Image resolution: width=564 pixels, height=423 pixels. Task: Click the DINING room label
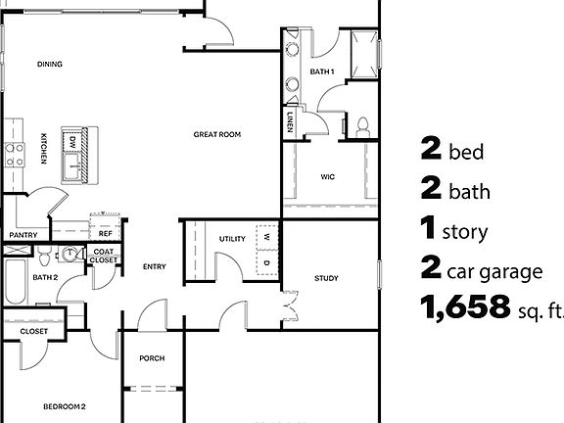[x=50, y=65]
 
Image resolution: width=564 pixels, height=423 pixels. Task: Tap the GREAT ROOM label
[x=216, y=134]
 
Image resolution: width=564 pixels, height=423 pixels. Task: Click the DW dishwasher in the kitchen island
[x=72, y=142]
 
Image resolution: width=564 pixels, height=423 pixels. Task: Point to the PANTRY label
[x=23, y=235]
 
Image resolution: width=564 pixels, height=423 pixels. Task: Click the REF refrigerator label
[x=105, y=234]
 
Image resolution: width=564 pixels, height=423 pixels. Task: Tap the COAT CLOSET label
[x=103, y=257]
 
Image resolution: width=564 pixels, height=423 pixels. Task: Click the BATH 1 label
[x=322, y=71]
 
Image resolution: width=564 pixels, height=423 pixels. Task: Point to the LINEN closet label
[x=292, y=122]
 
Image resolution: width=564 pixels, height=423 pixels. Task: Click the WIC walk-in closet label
[x=328, y=177]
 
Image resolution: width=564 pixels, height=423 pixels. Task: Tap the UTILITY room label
[x=232, y=238]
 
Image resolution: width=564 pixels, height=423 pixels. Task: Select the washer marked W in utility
[x=266, y=236]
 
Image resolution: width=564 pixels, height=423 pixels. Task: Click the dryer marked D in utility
[x=266, y=261]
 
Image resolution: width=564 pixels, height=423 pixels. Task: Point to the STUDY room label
[x=326, y=279]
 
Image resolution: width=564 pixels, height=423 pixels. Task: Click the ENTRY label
[x=154, y=266]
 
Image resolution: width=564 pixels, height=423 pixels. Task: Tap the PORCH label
[x=152, y=358]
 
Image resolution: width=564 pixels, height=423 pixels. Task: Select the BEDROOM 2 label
[x=65, y=405]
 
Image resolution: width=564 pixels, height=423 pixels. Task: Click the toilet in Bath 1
[x=362, y=124]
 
